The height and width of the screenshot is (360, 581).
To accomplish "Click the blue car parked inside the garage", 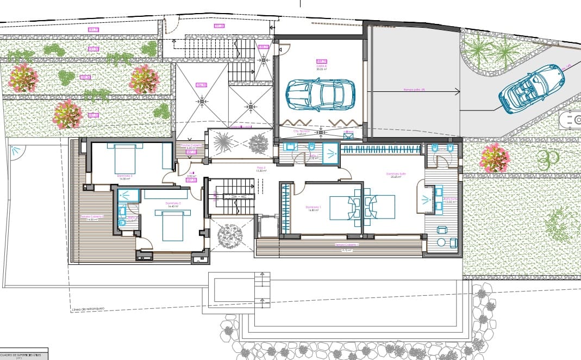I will [x=321, y=95].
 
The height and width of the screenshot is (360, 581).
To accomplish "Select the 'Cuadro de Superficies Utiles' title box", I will [x=24, y=353].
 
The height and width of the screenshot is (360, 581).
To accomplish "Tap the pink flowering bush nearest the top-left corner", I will [x=23, y=78].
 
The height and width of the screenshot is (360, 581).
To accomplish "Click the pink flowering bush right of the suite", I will [x=495, y=158].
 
